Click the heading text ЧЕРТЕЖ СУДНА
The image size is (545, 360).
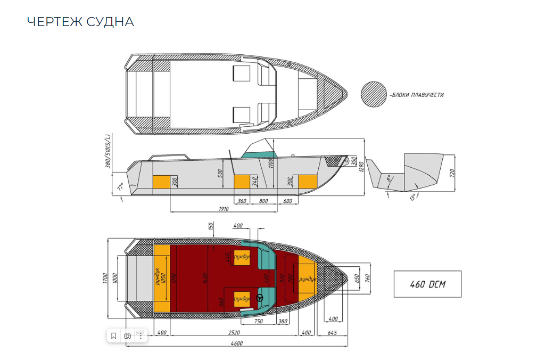[x=80, y=21]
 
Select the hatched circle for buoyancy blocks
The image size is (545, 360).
[x=373, y=95]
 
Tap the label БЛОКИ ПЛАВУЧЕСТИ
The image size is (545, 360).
[x=418, y=95]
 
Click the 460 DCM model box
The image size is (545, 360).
[x=427, y=284]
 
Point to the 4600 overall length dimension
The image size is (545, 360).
[x=236, y=343]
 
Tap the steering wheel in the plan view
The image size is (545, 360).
[x=260, y=298]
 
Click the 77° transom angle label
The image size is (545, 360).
[x=120, y=187]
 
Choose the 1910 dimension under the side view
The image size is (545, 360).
[x=223, y=209]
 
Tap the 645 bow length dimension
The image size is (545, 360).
[x=332, y=333]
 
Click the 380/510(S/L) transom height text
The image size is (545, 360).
[x=108, y=151]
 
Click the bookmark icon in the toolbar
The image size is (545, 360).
[x=113, y=336]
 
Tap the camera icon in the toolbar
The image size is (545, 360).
[x=127, y=336]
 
